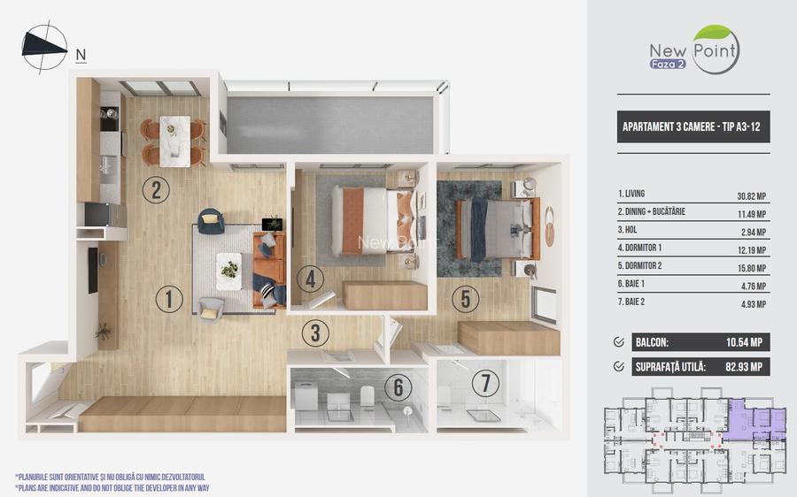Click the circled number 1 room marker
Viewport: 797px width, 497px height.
pos(170,299)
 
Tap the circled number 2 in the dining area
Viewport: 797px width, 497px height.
pos(156,190)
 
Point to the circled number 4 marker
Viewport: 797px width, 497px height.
pos(310,279)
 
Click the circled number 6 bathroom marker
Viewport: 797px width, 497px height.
pos(398,386)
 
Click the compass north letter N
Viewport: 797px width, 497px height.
pos(81,54)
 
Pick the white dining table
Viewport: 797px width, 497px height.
pos(174,141)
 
